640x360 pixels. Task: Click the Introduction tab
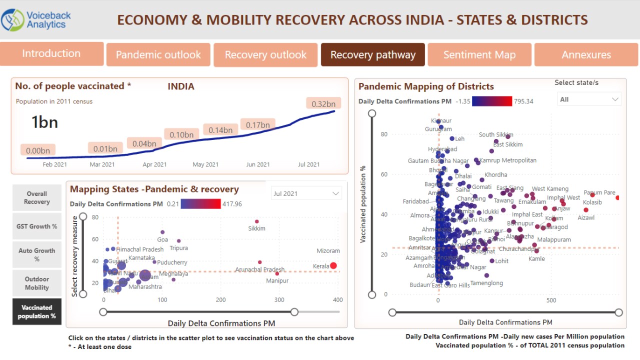(51, 53)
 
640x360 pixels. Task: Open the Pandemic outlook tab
(158, 55)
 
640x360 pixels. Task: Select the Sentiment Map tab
(479, 55)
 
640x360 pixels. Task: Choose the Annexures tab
(586, 55)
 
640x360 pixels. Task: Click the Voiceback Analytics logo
(36, 19)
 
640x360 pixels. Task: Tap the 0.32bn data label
(323, 103)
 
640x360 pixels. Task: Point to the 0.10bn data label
(181, 134)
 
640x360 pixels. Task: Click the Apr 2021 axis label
(154, 164)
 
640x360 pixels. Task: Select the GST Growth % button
(37, 226)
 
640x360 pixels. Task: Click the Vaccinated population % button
(37, 311)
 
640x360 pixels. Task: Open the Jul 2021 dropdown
(306, 193)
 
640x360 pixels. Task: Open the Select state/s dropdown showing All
(589, 99)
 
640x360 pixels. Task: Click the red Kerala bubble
(333, 266)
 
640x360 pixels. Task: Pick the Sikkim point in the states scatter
(257, 221)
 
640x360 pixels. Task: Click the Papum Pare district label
(599, 192)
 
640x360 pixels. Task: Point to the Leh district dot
(452, 139)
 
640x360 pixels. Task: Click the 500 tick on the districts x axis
(551, 300)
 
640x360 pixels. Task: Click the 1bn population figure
(44, 122)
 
